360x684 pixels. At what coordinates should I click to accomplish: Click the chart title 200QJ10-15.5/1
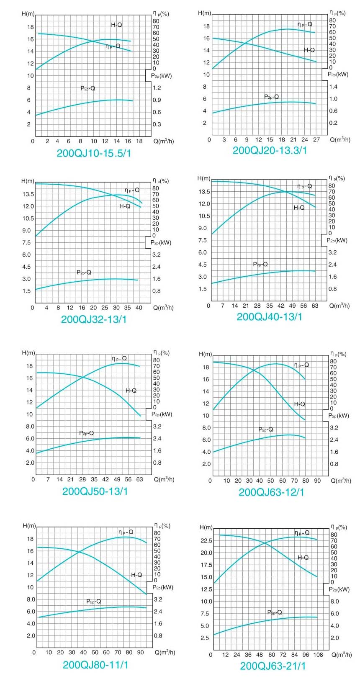coord(94,153)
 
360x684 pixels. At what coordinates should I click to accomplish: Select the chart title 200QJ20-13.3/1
coord(270,151)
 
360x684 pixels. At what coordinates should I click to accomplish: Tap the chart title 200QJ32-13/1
coord(94,319)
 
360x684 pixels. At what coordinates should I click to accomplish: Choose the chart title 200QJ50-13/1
coord(95,491)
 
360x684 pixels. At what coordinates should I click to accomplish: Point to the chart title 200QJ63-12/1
coord(271,492)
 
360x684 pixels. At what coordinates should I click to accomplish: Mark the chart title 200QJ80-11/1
coord(95,665)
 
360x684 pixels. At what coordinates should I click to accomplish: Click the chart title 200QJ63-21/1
coord(273,666)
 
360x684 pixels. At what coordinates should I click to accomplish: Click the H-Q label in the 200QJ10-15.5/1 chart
coord(116,25)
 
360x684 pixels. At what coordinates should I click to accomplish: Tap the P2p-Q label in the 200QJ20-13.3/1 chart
coord(271,97)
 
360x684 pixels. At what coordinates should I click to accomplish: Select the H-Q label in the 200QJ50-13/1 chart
coord(131,391)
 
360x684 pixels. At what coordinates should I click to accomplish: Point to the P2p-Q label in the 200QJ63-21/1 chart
coord(275,612)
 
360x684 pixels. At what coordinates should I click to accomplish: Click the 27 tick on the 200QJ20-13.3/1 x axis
coord(316,140)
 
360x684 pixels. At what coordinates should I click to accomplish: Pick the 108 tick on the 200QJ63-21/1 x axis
coord(318,655)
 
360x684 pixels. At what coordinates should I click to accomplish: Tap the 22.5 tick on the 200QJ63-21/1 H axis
coord(206,540)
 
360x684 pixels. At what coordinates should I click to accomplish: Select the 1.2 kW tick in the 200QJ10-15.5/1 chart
coord(157,88)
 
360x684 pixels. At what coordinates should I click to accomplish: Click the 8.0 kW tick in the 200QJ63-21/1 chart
coord(334,602)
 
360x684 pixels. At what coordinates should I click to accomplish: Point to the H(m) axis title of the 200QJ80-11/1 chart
coord(29,526)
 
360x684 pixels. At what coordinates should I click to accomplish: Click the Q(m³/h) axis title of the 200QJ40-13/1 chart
coord(339,306)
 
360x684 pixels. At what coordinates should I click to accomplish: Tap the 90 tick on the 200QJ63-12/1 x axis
coord(317,481)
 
